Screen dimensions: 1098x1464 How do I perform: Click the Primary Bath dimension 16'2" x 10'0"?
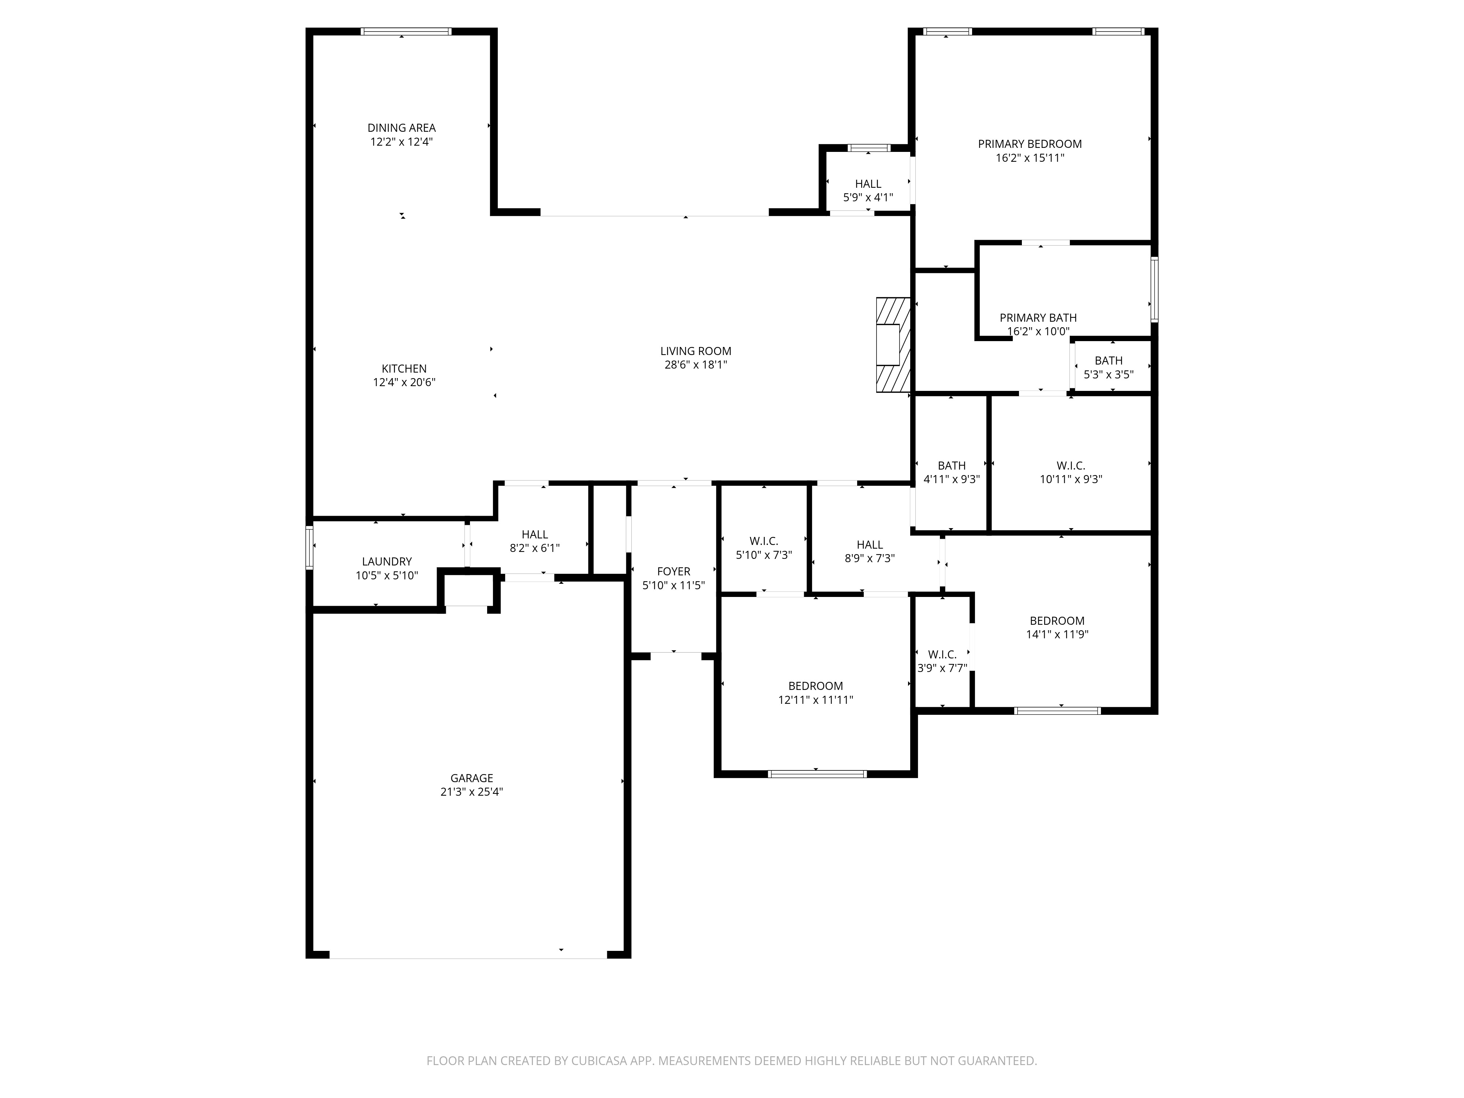(1038, 332)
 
